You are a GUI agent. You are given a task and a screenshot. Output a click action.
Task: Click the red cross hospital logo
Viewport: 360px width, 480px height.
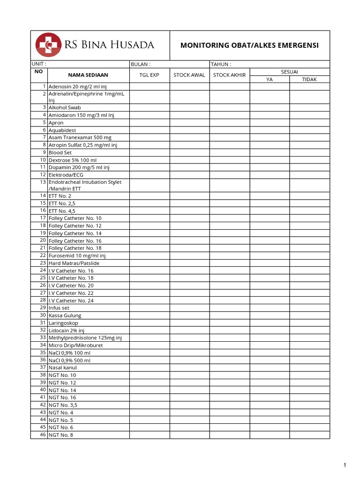coord(48,45)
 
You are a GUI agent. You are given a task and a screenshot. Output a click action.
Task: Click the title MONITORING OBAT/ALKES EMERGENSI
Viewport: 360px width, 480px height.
coord(249,45)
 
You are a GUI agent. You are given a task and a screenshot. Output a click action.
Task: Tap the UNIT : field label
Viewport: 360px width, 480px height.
coord(39,64)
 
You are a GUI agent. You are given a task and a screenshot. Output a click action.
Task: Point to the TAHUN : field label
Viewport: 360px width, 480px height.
coord(221,64)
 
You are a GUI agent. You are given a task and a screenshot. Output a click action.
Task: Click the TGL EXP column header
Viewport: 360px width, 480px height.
coord(150,75)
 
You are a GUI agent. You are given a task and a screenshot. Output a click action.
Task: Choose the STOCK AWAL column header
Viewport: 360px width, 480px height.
coord(189,75)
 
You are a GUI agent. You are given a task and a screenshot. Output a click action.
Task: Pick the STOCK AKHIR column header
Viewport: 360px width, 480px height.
coord(229,75)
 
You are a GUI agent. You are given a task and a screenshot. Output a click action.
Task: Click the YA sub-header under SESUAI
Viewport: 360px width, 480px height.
coord(269,79)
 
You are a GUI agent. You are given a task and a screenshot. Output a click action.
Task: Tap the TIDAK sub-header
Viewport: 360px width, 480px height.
coord(309,79)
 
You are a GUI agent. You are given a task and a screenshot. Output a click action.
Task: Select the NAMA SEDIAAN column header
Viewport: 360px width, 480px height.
coord(88,75)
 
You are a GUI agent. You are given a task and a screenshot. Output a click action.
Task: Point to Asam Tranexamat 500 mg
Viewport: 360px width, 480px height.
coord(80,137)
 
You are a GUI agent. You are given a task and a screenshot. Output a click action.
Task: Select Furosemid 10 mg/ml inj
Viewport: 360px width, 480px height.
coord(77,255)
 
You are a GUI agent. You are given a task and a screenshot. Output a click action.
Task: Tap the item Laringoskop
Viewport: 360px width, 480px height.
coord(63,323)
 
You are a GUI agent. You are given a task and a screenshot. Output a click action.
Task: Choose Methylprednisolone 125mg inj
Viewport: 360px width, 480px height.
coord(85,337)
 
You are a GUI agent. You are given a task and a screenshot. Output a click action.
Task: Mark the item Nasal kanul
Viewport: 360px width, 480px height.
coord(62,367)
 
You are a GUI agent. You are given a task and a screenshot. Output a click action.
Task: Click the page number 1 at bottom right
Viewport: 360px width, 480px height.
coord(345,465)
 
